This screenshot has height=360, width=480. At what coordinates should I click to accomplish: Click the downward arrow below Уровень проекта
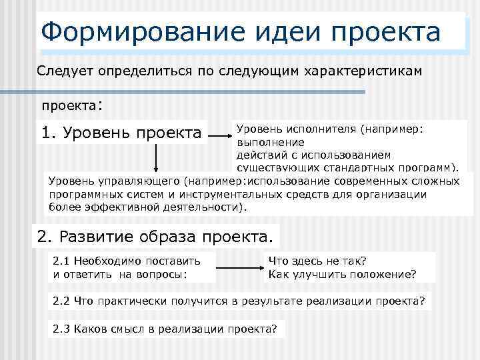(156, 159)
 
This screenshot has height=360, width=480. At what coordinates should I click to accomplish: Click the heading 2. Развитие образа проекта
(155, 236)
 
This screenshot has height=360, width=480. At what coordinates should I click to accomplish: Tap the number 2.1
(62, 261)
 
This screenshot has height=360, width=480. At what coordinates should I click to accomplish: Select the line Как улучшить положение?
(342, 273)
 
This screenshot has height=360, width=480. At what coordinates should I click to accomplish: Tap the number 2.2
(62, 301)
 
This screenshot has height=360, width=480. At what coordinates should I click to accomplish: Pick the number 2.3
(62, 329)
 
